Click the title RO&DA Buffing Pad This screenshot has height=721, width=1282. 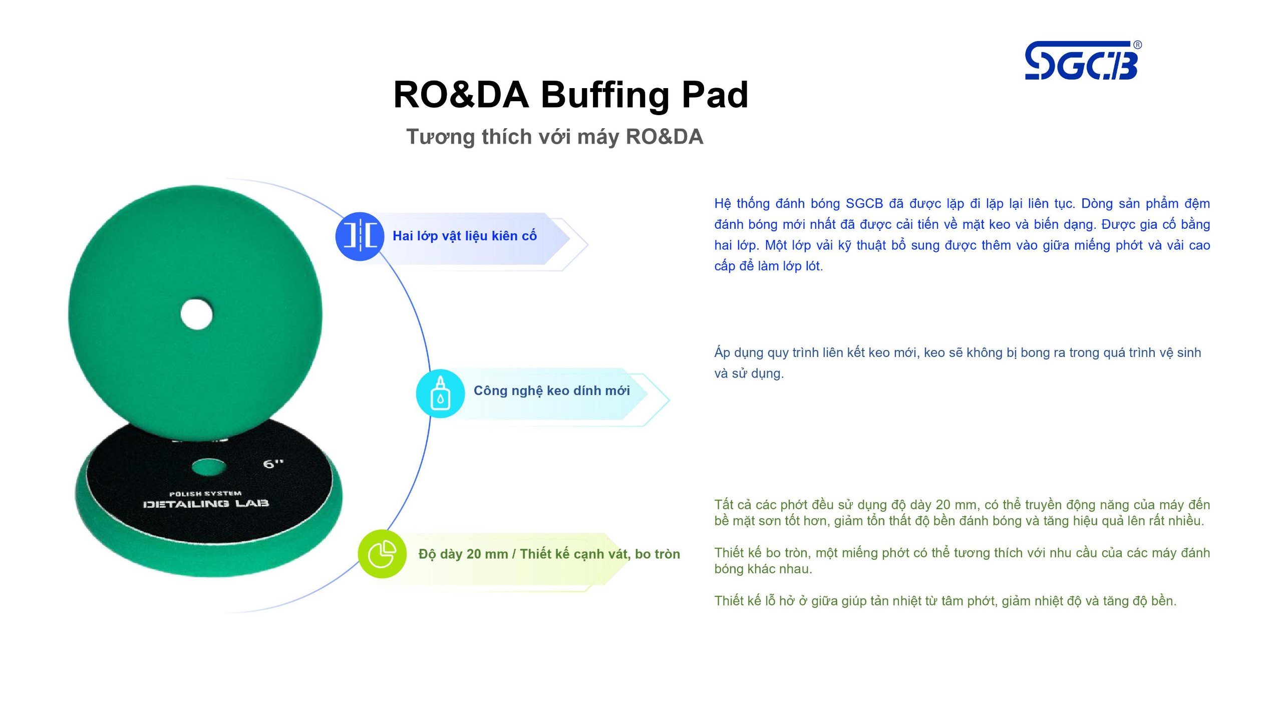click(x=571, y=95)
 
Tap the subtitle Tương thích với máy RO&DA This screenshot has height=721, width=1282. click(x=555, y=137)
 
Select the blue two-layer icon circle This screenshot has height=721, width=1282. click(x=360, y=236)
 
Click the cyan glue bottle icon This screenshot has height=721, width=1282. click(x=440, y=394)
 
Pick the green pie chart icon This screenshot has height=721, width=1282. click(x=382, y=554)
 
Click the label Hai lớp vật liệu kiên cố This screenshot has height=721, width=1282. click(x=465, y=236)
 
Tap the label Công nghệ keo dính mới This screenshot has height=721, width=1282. click(x=552, y=391)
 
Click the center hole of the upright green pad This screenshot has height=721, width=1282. click(x=197, y=314)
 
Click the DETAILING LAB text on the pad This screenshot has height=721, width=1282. click(x=206, y=504)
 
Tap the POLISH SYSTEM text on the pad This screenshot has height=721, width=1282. click(x=205, y=494)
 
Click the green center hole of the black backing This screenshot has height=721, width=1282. click(x=209, y=467)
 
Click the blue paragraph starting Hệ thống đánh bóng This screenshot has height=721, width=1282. click(x=962, y=234)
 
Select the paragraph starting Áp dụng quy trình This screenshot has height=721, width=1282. click(x=957, y=363)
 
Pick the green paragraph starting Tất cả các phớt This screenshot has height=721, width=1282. click(x=962, y=513)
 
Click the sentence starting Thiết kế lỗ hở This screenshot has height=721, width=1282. click(x=945, y=601)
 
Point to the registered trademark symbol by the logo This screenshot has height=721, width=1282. click(x=1138, y=45)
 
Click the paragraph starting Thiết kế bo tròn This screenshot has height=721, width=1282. click(x=962, y=561)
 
